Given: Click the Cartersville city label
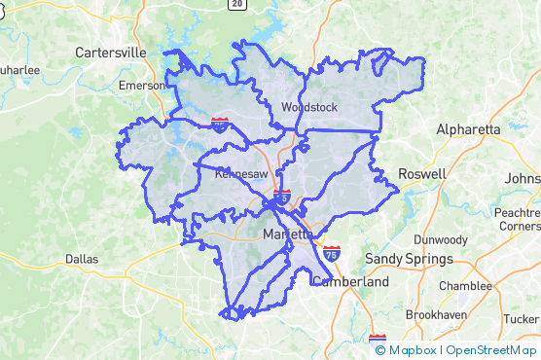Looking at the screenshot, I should [110, 52].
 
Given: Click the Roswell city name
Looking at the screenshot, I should [421, 174].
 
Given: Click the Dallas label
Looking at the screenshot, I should [82, 260].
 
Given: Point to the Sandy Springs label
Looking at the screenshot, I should [409, 260].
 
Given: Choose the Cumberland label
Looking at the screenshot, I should [350, 282].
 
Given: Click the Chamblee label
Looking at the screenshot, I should [465, 286].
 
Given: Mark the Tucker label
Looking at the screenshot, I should [521, 318].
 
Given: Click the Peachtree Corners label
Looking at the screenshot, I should [517, 218].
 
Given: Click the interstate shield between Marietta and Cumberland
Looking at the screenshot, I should [332, 254].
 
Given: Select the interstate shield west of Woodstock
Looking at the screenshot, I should [221, 124].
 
